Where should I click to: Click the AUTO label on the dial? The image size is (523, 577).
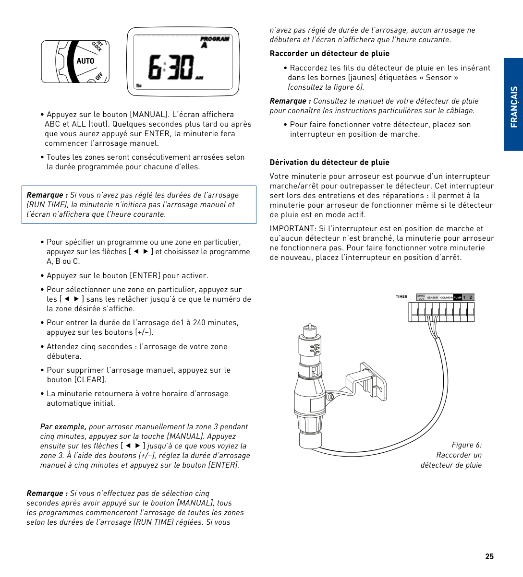pyautogui.click(x=85, y=61)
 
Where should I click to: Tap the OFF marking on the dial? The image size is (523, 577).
pyautogui.click(x=99, y=76)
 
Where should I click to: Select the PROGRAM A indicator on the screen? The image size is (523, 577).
pyautogui.click(x=214, y=42)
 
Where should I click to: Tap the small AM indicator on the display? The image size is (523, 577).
pyautogui.click(x=199, y=78)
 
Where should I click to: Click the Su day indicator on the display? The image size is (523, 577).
pyautogui.click(x=139, y=85)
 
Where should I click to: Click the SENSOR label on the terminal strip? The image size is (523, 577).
pyautogui.click(x=433, y=297)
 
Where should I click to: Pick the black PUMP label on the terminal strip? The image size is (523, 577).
pyautogui.click(x=457, y=297)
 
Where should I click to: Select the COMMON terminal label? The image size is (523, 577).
pyautogui.click(x=446, y=297)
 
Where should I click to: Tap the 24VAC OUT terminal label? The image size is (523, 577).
pyautogui.click(x=421, y=297)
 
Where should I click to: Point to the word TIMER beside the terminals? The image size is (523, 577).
pyautogui.click(x=401, y=296)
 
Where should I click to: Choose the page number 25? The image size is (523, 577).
pyautogui.click(x=489, y=556)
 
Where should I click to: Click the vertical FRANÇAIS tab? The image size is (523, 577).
pyautogui.click(x=513, y=106)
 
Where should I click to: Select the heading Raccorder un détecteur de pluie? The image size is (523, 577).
pyautogui.click(x=329, y=54)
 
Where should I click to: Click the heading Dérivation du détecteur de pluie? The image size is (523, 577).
pyautogui.click(x=329, y=163)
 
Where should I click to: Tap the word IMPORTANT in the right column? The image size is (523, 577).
pyautogui.click(x=292, y=229)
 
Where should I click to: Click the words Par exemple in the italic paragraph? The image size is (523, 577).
pyautogui.click(x=63, y=427)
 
